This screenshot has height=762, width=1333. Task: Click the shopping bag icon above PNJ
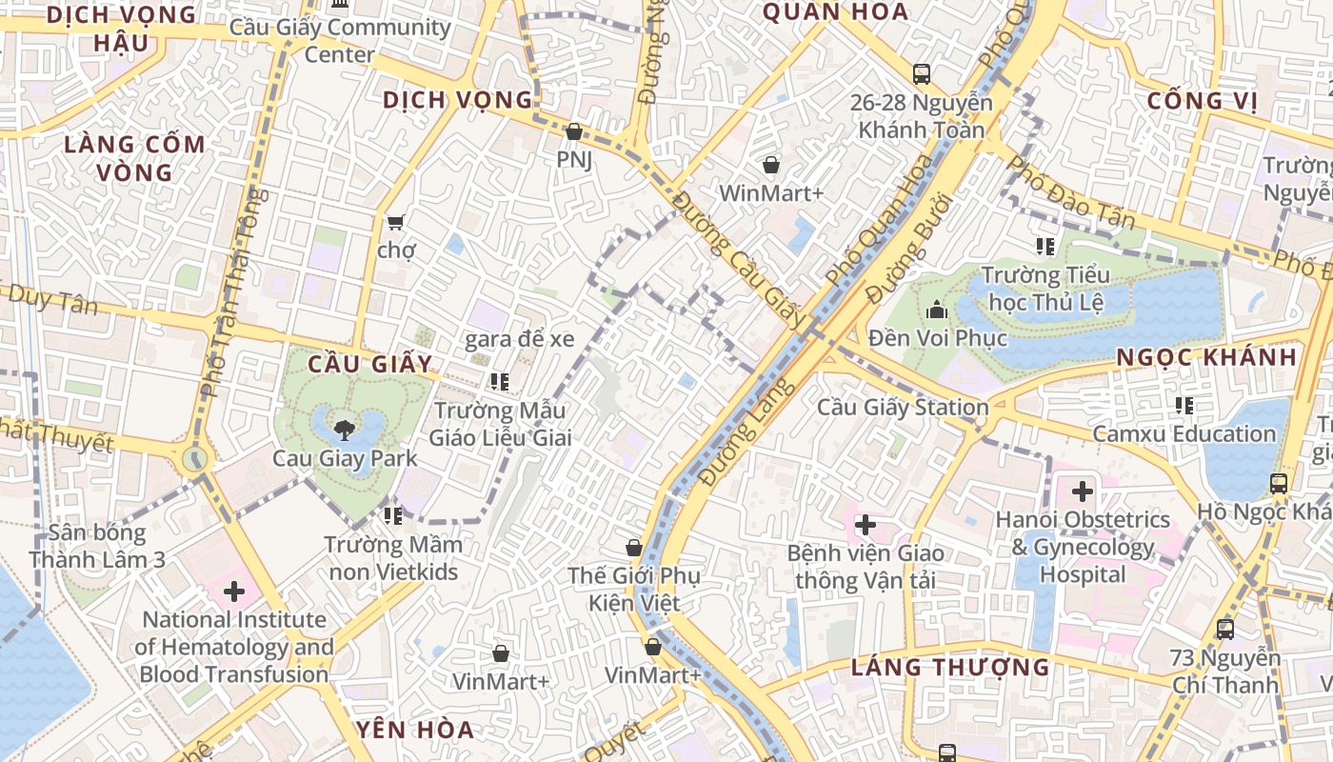[x=573, y=131]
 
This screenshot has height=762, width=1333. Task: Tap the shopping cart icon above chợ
[x=395, y=222]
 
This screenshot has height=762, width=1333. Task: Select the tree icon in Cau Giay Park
[x=345, y=430]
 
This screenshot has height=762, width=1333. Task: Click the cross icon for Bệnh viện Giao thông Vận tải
[x=865, y=525]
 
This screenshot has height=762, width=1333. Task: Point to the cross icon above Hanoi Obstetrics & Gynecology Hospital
[x=1083, y=491]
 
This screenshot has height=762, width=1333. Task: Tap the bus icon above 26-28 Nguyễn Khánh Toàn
[x=921, y=73]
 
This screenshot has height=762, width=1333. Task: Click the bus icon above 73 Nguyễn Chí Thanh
[x=1225, y=629]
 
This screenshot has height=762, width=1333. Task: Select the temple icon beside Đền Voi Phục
[x=937, y=310]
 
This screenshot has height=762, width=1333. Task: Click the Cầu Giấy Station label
[x=903, y=408]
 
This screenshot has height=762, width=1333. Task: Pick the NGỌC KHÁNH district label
[x=1206, y=357]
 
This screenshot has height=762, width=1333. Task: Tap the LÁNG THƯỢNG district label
[x=949, y=667]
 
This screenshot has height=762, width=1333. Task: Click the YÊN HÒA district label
[x=414, y=731]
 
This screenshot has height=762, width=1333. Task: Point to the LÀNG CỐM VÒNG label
[x=134, y=158]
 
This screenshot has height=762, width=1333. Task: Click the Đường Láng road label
[x=746, y=431]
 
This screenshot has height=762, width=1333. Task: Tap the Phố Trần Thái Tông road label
[x=229, y=291]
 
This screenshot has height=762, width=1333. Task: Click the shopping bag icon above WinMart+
[x=770, y=166]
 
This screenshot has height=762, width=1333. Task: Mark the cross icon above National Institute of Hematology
[x=233, y=592]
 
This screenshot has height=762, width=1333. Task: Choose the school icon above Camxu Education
[x=1184, y=406]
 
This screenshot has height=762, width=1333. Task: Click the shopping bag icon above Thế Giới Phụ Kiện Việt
[x=633, y=548]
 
